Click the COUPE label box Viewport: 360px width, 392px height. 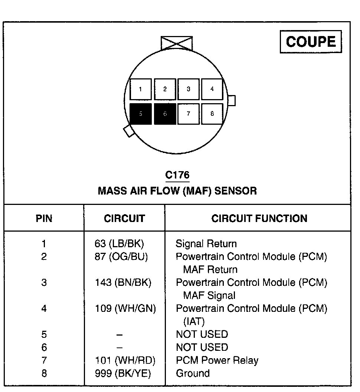click(311, 42)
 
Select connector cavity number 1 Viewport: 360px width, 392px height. click(140, 89)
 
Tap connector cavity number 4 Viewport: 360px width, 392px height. click(212, 89)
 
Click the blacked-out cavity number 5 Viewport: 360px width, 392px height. click(141, 114)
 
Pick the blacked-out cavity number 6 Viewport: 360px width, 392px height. click(165, 114)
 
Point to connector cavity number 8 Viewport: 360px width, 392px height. click(212, 114)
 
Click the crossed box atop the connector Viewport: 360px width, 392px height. click(177, 43)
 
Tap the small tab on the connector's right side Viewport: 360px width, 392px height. click(231, 101)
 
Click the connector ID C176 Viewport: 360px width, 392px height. click(177, 175)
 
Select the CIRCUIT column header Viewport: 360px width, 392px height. click(124, 218)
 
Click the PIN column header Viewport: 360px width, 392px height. click(44, 218)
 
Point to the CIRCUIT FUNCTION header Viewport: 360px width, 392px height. click(259, 218)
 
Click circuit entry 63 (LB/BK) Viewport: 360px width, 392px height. click(119, 244)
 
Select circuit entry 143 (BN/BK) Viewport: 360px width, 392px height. click(123, 282)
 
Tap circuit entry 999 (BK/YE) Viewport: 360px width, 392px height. click(123, 373)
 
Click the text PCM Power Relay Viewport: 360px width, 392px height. click(217, 360)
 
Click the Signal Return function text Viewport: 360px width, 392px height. click(206, 244)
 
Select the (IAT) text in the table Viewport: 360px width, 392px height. click(194, 321)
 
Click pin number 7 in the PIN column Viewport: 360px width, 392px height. click(44, 360)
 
